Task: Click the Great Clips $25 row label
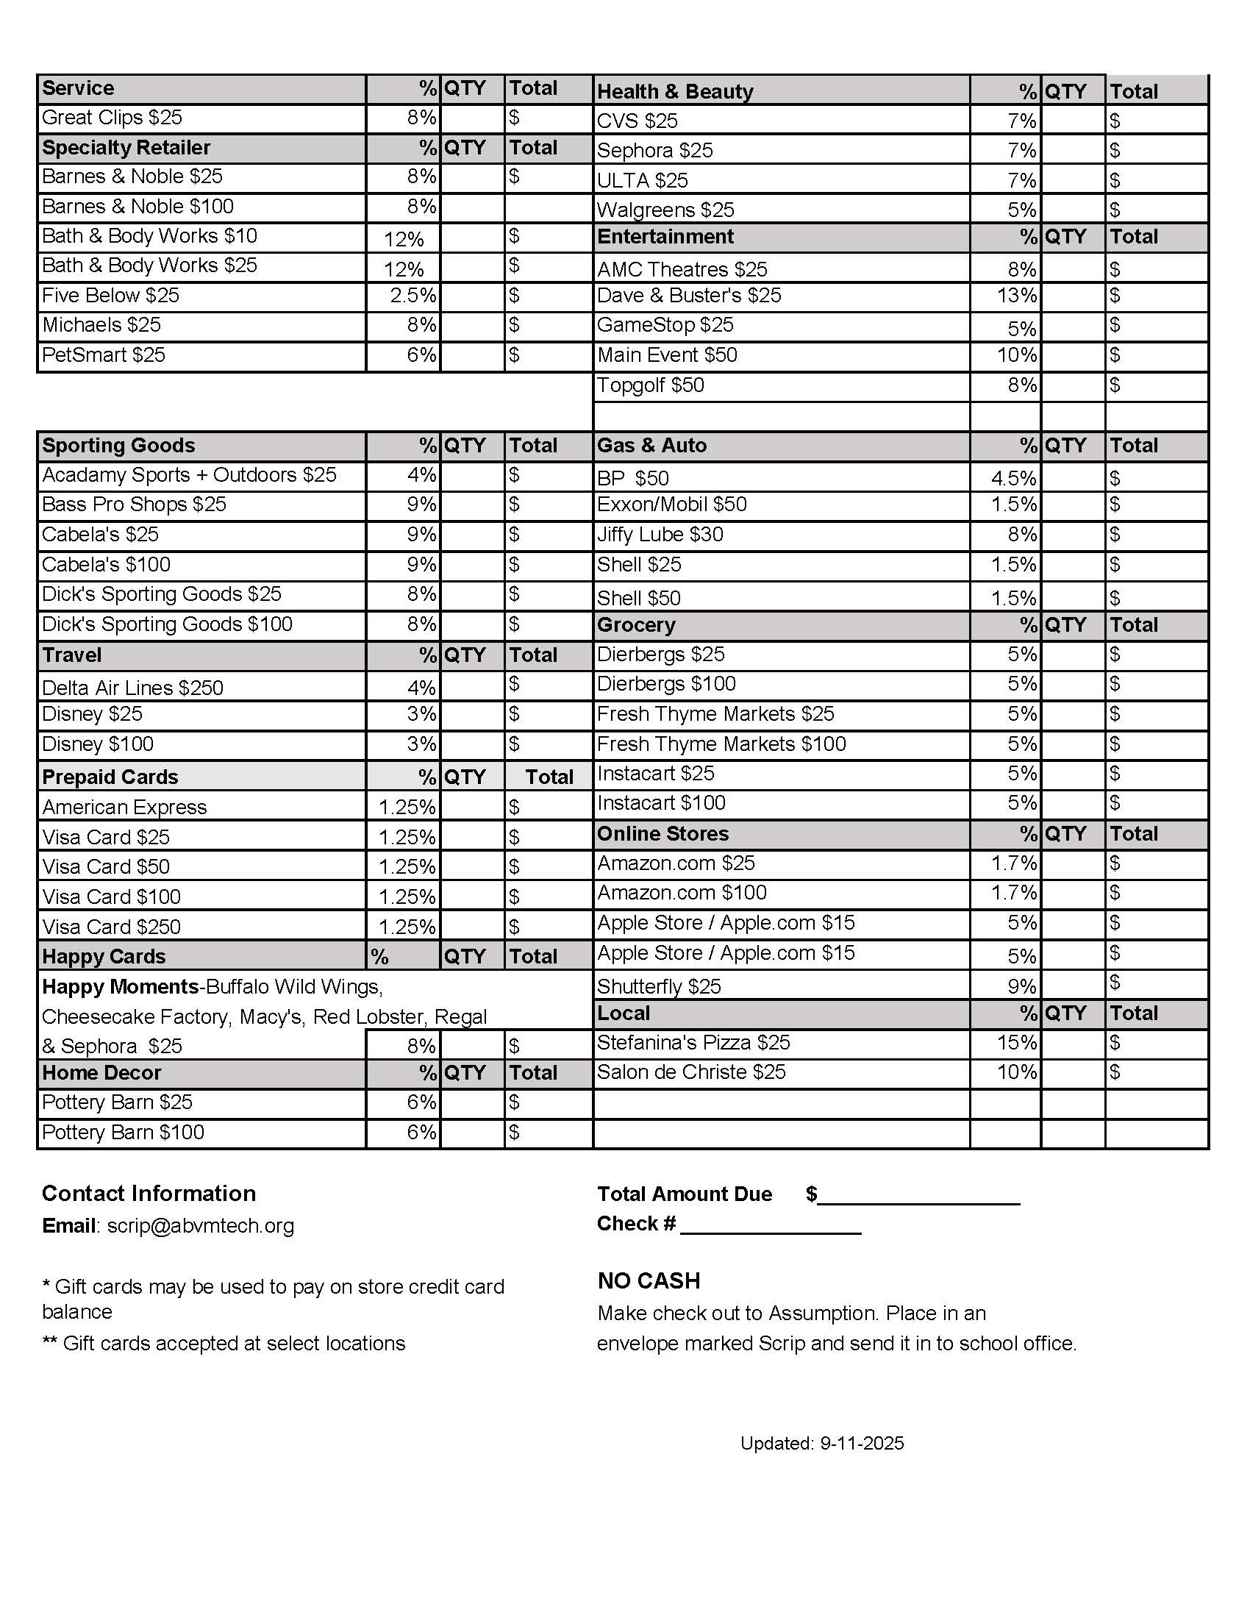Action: click(x=112, y=118)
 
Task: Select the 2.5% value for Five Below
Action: click(x=413, y=296)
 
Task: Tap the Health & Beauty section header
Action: click(x=674, y=91)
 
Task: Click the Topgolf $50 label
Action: click(x=650, y=385)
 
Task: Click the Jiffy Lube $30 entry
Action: click(x=660, y=535)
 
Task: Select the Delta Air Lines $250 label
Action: click(x=132, y=688)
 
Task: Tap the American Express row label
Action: click(x=124, y=807)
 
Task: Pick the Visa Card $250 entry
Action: click(x=112, y=927)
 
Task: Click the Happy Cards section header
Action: click(x=104, y=956)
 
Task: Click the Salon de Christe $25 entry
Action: click(x=691, y=1073)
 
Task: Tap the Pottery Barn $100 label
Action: click(x=123, y=1133)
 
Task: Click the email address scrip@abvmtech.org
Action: click(x=201, y=1226)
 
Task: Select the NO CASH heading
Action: click(x=649, y=1281)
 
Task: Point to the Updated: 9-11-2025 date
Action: click(x=822, y=1443)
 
